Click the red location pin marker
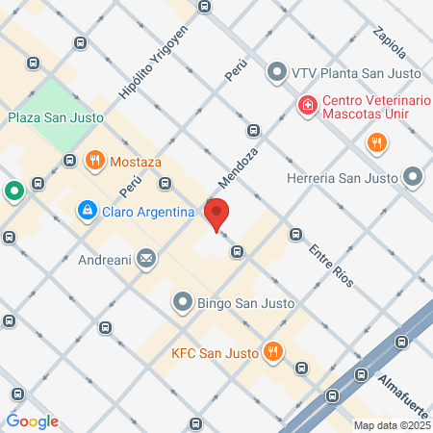pyautogui.click(x=216, y=214)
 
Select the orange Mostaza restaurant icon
pyautogui.click(x=94, y=160)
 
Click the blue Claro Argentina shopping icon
pyautogui.click(x=87, y=209)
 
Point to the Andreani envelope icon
pyautogui.click(x=146, y=257)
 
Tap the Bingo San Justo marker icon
pyautogui.click(x=182, y=303)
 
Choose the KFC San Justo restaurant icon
pyautogui.click(x=274, y=352)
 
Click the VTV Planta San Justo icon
pyautogui.click(x=277, y=71)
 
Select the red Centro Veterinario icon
pyautogui.click(x=307, y=104)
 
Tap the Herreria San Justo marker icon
pyautogui.click(x=413, y=177)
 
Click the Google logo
pyautogui.click(x=33, y=420)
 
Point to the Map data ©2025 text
pyautogui.click(x=392, y=425)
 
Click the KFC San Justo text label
pyautogui.click(x=216, y=353)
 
